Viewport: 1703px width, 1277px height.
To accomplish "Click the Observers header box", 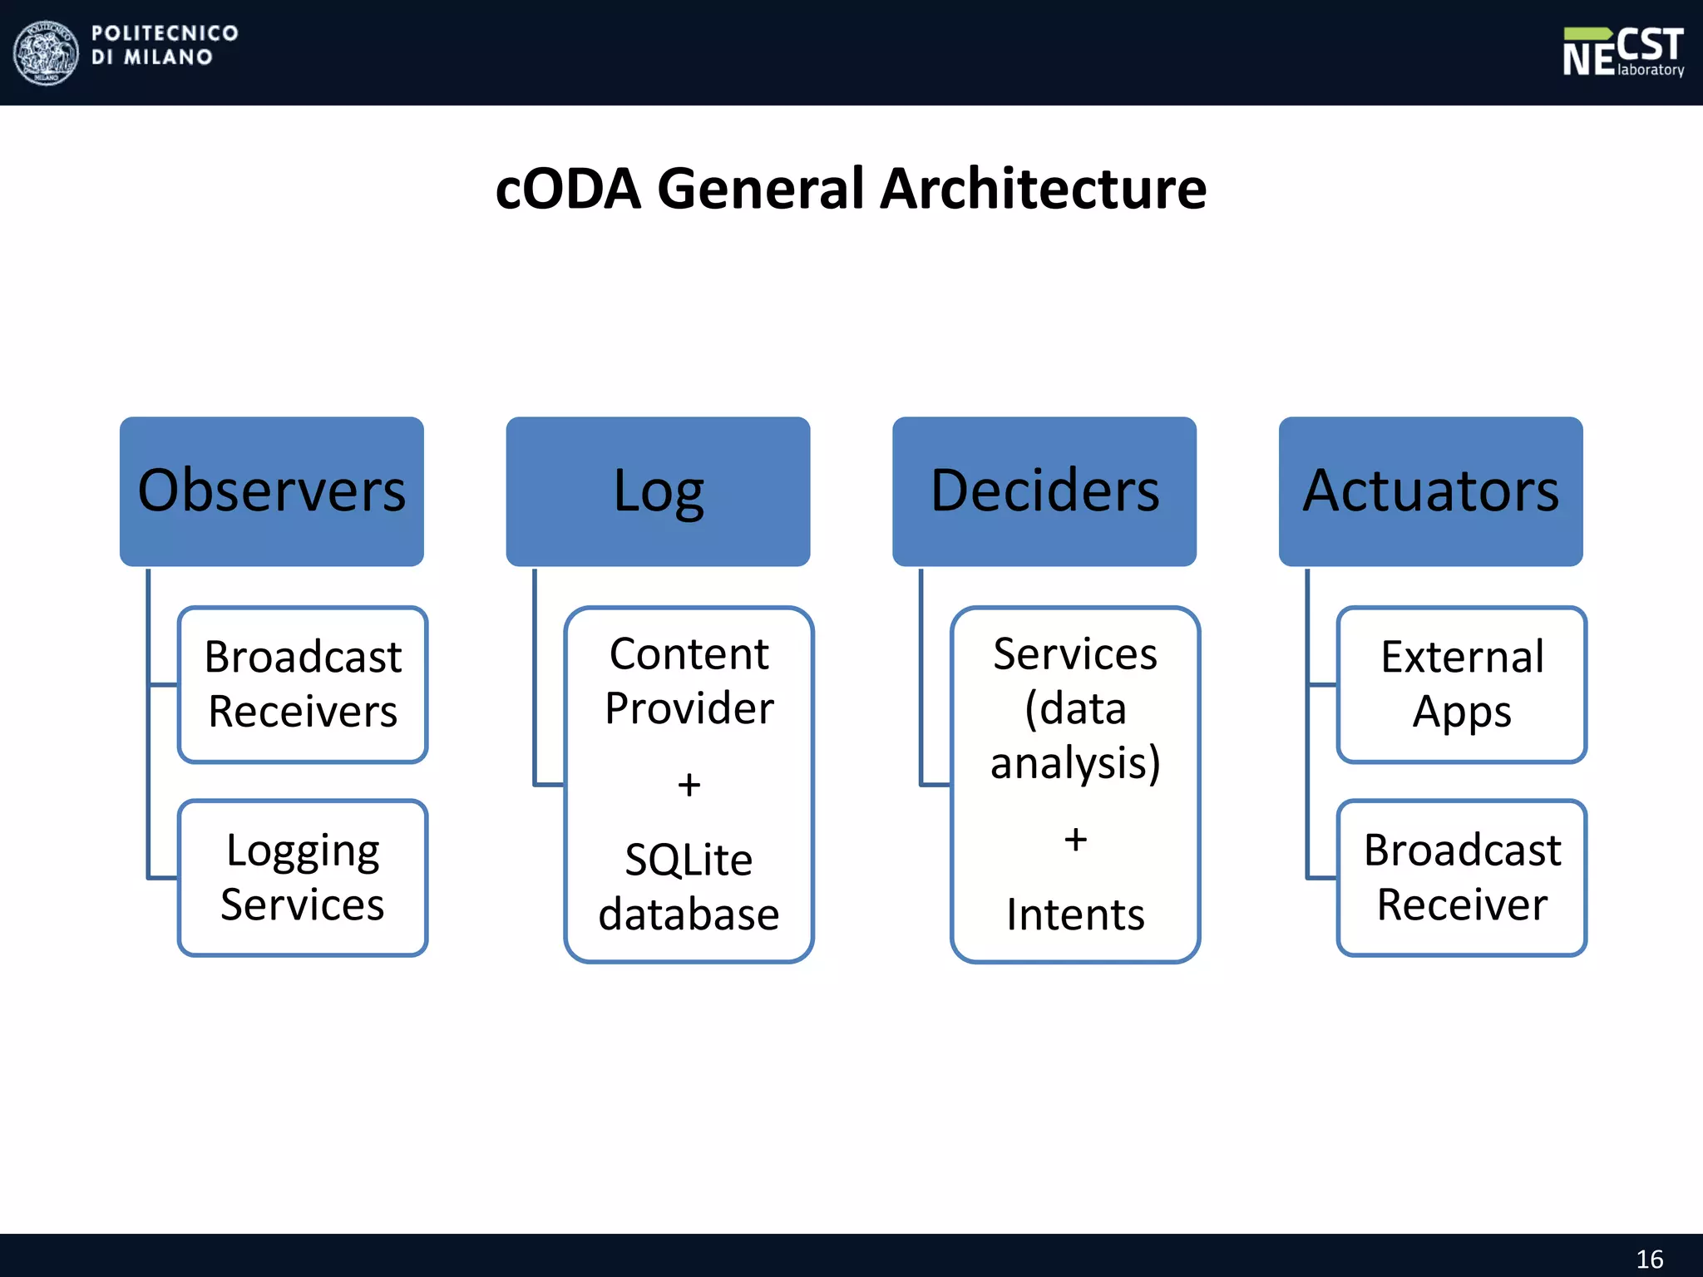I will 271,491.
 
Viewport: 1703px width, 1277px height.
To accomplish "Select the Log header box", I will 658,491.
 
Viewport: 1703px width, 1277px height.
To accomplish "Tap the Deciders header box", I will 1044,491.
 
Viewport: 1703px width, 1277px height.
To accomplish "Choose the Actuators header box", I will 1430,491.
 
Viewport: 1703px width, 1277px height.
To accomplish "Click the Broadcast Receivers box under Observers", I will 303,684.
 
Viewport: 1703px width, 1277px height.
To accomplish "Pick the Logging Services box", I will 303,877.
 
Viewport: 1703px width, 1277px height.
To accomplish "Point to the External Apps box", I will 1462,684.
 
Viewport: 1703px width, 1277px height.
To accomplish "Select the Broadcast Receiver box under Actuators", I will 1462,877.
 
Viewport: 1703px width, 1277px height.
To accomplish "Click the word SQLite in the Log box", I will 689,860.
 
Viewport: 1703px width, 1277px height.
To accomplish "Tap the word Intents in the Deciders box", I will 1075,915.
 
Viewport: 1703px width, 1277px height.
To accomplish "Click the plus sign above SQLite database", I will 689,785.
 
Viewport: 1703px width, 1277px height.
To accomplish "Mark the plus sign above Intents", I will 1075,840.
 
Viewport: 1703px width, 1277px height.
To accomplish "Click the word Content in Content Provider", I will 689,654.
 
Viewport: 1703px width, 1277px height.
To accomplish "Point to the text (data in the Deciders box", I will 1075,709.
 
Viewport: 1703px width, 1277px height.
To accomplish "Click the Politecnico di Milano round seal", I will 47,52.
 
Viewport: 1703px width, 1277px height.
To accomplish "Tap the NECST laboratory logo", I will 1622,52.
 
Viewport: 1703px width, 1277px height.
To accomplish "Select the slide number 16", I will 1649,1259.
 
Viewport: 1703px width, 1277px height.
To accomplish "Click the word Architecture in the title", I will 1043,189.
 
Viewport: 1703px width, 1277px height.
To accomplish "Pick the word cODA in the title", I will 568,189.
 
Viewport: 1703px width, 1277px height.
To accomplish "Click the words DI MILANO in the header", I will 151,57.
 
